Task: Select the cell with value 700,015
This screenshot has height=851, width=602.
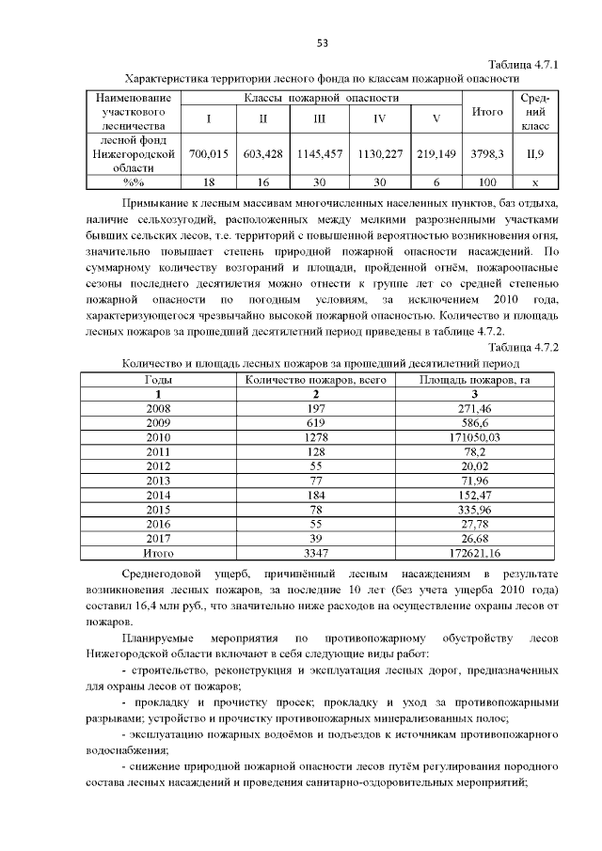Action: tap(209, 153)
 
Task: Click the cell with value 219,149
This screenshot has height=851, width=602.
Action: tap(436, 153)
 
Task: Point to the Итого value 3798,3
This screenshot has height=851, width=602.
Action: tap(486, 153)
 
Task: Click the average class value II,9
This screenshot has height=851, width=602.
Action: tap(534, 153)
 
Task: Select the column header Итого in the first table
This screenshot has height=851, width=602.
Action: tap(486, 112)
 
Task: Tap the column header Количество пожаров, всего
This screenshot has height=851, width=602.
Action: tap(316, 380)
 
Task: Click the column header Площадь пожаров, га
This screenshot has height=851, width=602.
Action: tap(475, 380)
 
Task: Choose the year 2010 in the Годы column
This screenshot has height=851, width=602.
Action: tap(158, 437)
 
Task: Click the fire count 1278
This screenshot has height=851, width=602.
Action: tap(316, 437)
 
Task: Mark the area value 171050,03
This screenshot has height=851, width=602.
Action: tap(475, 437)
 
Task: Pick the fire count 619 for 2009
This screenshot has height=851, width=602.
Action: tap(316, 423)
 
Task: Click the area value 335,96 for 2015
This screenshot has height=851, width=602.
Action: tap(475, 509)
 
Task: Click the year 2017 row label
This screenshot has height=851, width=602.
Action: tap(158, 538)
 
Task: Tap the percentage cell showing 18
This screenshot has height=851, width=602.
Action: tap(209, 181)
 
